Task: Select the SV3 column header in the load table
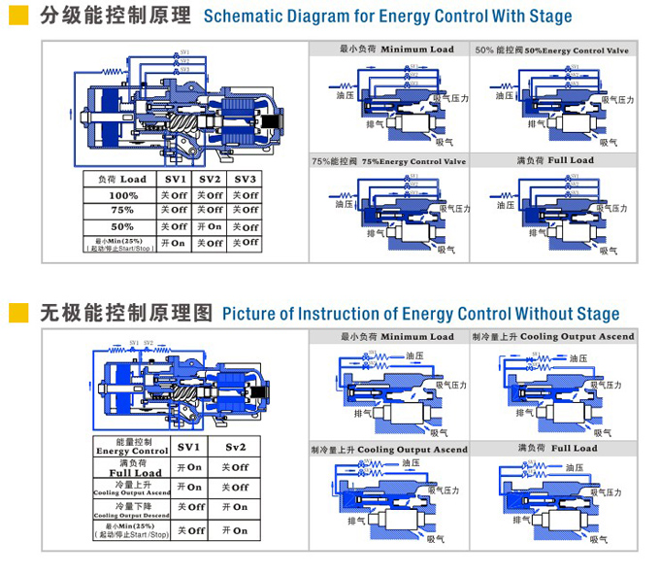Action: click(x=245, y=179)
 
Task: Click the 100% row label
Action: click(x=123, y=194)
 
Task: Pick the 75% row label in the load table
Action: click(x=122, y=210)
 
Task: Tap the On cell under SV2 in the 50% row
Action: click(x=210, y=226)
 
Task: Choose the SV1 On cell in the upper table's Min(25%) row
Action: click(x=173, y=244)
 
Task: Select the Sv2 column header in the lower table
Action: click(x=236, y=447)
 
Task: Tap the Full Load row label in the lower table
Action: click(x=135, y=468)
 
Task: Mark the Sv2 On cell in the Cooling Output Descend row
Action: click(x=235, y=507)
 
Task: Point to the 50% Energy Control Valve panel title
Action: click(x=550, y=50)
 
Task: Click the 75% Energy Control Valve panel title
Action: click(x=388, y=161)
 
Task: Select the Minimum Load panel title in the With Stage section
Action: click(x=395, y=50)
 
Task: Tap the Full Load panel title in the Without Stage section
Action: click(x=556, y=449)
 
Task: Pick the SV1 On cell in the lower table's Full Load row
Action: click(x=188, y=467)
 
